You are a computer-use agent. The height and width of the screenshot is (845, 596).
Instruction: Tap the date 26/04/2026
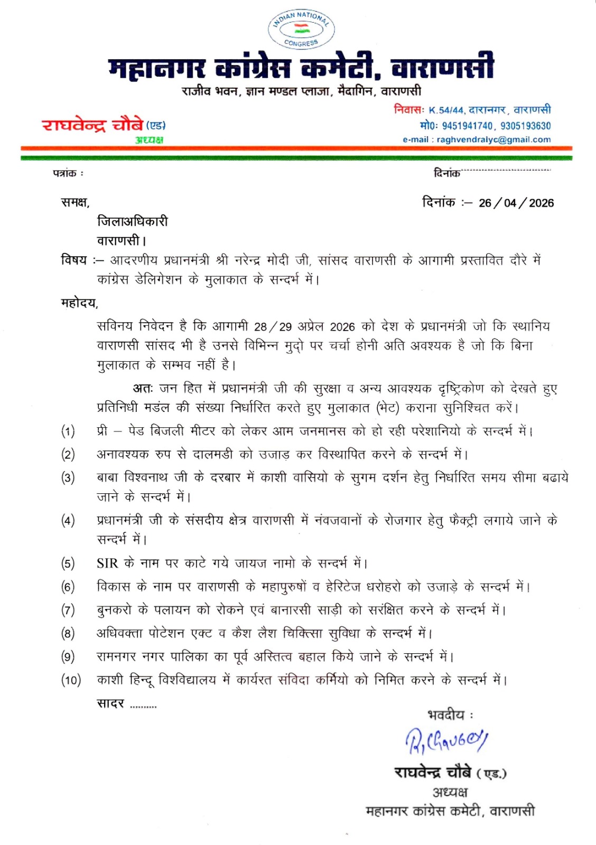coord(516,203)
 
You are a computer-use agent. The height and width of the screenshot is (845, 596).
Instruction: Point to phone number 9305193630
coord(525,126)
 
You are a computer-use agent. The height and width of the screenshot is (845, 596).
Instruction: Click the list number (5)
coord(68,564)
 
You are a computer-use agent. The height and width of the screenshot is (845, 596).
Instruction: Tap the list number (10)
coord(71,680)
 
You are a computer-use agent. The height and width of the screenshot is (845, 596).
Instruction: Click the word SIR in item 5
coord(107,564)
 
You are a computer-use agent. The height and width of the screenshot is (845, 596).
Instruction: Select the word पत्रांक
coord(65,173)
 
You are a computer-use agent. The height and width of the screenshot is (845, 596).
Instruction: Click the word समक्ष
coord(74,202)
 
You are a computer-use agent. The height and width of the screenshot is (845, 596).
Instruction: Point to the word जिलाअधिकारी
coord(132,221)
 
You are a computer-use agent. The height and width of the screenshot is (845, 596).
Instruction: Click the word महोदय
coord(79,303)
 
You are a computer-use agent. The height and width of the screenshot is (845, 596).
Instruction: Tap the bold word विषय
coord(73,260)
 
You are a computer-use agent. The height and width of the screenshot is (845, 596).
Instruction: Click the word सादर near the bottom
coord(110,703)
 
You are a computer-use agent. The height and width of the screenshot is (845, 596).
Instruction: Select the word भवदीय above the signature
coord(446,715)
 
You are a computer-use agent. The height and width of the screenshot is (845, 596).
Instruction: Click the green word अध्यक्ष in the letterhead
coord(149,140)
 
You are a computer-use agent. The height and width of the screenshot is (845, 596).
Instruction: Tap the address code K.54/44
coord(446,110)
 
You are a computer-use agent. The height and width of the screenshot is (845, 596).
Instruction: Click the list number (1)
coord(68,431)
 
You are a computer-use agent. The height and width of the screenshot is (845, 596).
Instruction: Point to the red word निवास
coord(408,109)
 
